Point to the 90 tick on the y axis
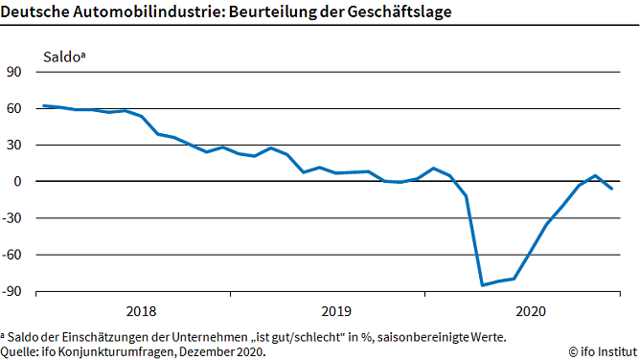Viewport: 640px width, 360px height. click(x=14, y=72)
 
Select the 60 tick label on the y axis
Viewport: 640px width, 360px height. click(x=14, y=108)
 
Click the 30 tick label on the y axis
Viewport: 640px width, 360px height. click(x=14, y=145)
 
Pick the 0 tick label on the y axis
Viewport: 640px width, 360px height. click(x=18, y=181)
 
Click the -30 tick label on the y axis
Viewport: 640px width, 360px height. click(x=12, y=217)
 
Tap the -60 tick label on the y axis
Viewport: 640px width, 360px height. click(x=12, y=254)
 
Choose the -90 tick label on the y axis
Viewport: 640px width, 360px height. click(x=12, y=290)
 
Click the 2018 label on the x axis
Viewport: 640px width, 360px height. click(x=142, y=311)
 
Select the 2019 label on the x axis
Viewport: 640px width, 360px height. click(x=336, y=311)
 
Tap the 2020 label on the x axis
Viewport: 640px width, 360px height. click(x=531, y=311)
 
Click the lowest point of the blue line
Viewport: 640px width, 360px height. click(x=482, y=284)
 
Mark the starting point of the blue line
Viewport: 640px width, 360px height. click(x=44, y=105)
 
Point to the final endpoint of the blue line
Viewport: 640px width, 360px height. click(x=612, y=189)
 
